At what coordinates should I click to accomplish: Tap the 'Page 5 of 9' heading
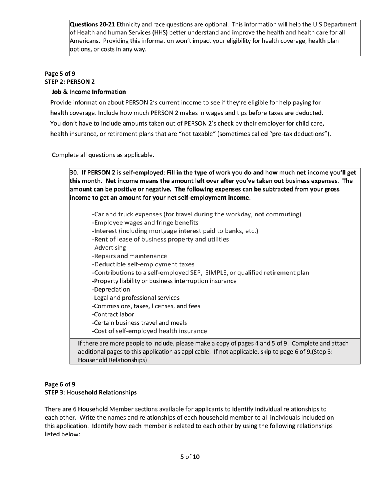60,74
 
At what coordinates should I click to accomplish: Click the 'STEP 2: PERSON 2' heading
70,82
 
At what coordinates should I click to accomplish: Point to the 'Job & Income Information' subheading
88,92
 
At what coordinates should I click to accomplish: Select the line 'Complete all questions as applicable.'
103,155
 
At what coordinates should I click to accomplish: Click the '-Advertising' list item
109,248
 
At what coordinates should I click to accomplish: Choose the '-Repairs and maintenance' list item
130,256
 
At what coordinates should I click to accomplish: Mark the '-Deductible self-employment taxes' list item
143,264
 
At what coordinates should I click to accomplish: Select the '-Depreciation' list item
111,289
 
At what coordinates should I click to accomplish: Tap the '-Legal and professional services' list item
136,298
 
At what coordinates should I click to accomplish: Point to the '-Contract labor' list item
113,314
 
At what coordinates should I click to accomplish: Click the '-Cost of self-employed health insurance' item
150,331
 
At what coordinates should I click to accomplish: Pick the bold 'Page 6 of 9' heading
60,384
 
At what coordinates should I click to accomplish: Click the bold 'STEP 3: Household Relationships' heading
90,392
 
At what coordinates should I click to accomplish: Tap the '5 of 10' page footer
190,457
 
